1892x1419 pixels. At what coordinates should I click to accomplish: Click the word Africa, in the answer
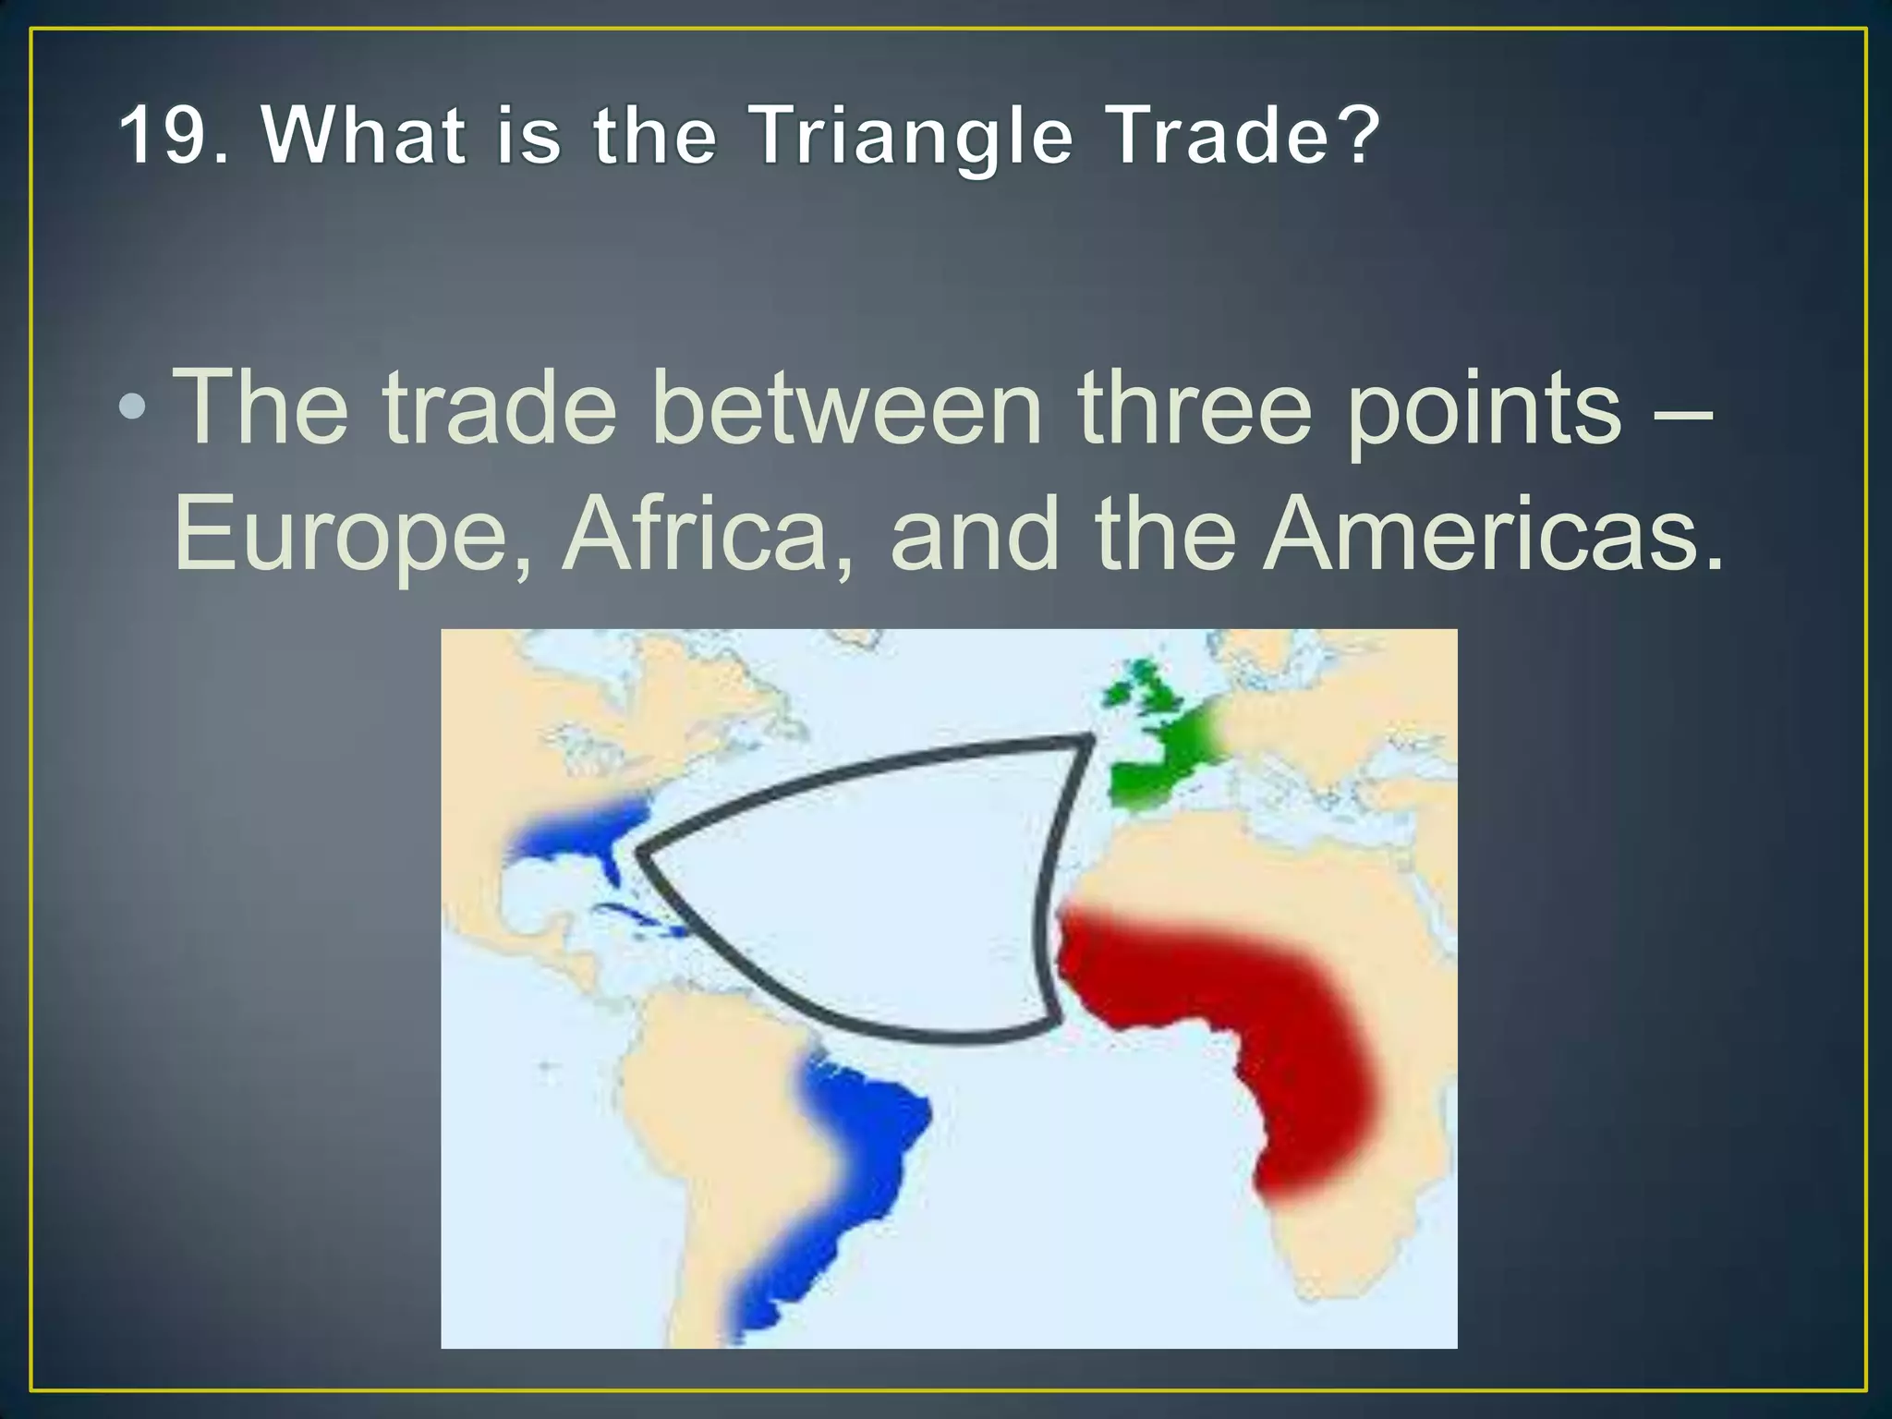click(x=708, y=536)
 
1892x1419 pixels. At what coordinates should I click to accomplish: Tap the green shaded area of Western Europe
click(x=1159, y=767)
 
